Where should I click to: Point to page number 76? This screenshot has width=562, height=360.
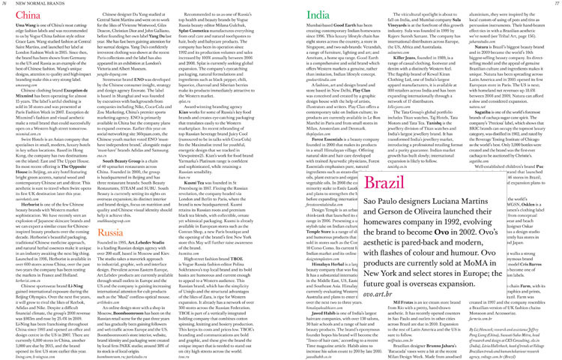click(x=7, y=4)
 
